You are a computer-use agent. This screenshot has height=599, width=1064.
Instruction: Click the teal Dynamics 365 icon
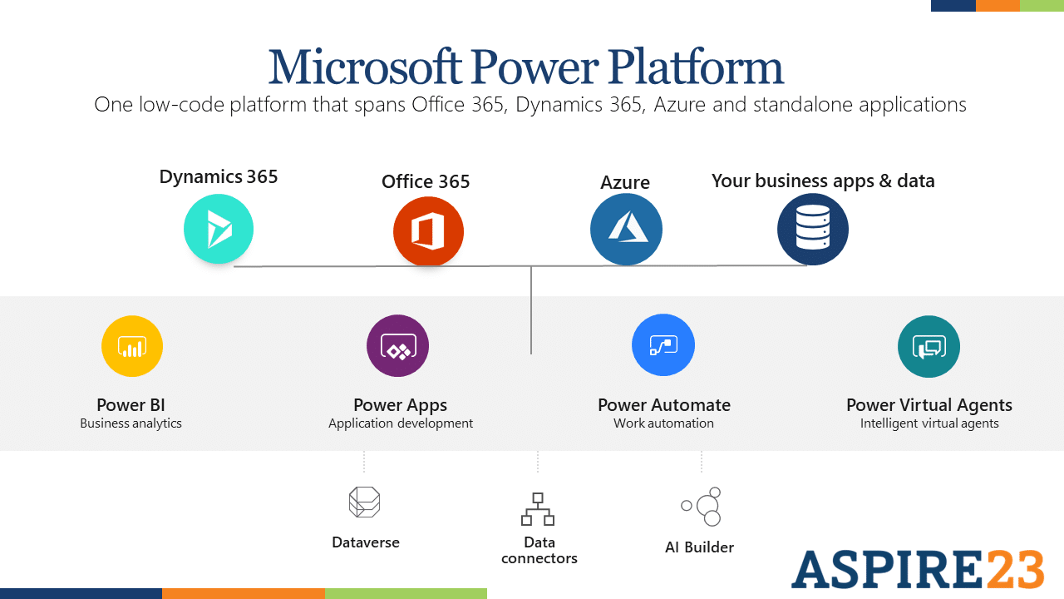tap(219, 229)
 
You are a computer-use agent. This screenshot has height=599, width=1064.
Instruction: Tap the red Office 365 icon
tap(428, 231)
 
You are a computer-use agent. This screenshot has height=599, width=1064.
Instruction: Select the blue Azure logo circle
tap(626, 230)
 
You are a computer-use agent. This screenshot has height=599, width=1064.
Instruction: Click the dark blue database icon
tap(813, 230)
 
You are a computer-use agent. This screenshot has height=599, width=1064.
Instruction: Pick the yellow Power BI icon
tap(132, 346)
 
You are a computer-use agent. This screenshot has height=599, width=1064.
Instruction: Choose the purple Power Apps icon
tap(397, 346)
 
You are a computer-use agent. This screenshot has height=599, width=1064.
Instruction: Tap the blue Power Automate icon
tap(663, 345)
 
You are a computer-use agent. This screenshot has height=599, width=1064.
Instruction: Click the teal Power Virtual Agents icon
tap(929, 346)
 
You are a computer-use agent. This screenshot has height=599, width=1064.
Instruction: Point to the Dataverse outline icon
tap(364, 502)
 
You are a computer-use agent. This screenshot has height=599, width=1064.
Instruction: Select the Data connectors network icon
tap(538, 509)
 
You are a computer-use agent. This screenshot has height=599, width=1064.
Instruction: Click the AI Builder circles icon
tap(702, 506)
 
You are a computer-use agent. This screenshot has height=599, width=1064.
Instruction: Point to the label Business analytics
tap(131, 423)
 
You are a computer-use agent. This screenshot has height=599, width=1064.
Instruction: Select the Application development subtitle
tap(401, 423)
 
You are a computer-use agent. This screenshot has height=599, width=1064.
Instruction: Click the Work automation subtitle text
tap(663, 423)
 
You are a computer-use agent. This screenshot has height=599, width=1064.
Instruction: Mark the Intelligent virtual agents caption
tap(929, 423)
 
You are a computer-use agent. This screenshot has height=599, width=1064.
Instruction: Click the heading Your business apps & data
tap(823, 181)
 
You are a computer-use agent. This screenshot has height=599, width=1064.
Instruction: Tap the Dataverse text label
tap(366, 542)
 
